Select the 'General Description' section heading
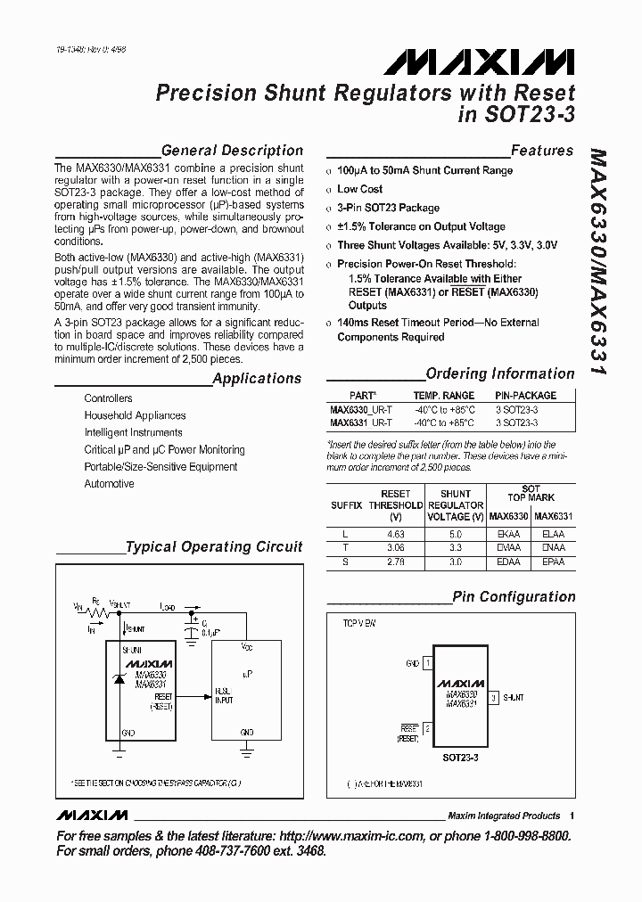pyautogui.click(x=232, y=151)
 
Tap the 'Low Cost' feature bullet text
pyautogui.click(x=359, y=189)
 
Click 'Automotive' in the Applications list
pyautogui.click(x=109, y=484)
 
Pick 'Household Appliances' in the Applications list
pyautogui.click(x=135, y=415)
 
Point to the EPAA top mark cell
pyautogui.click(x=553, y=563)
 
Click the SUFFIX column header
pyautogui.click(x=346, y=504)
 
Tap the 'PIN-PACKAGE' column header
pyautogui.click(x=525, y=395)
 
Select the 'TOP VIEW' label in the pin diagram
pyautogui.click(x=359, y=623)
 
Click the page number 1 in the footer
pyautogui.click(x=572, y=816)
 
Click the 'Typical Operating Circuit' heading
pyautogui.click(x=214, y=547)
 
